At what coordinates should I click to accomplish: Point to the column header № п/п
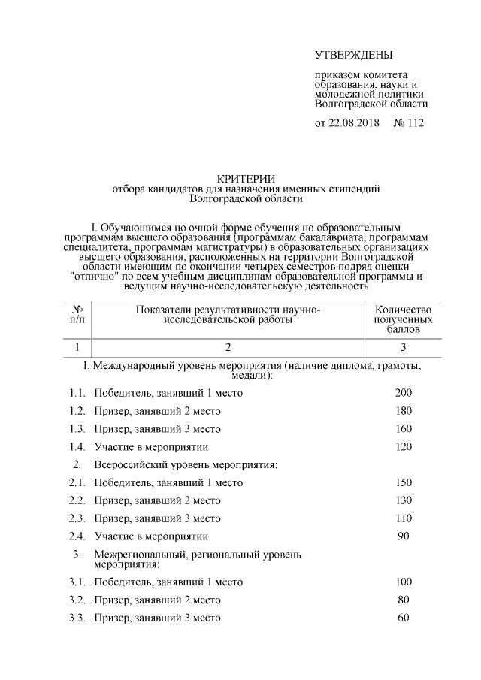tap(77, 315)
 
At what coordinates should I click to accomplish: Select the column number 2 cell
tap(228, 347)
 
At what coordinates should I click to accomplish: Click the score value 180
tap(403, 411)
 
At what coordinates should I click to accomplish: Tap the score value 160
tap(403, 429)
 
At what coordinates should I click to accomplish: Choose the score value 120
tap(403, 447)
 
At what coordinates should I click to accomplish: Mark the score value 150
tap(403, 482)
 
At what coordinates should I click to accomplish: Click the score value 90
tap(403, 536)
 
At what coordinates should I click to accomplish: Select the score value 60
tap(403, 618)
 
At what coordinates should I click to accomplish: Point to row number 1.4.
tap(77, 447)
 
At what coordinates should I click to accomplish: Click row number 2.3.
tap(77, 518)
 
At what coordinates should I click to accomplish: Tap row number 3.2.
tap(77, 600)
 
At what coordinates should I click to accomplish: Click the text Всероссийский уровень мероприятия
tap(186, 465)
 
